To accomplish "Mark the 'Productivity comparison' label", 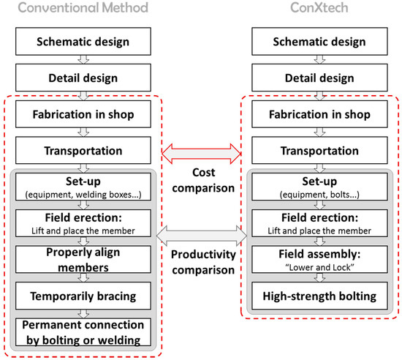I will pos(201,262).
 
